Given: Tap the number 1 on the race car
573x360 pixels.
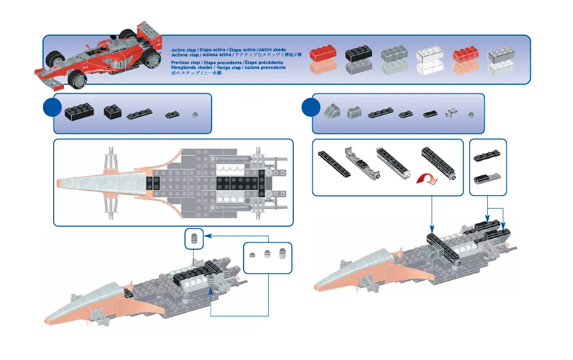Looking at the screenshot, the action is coord(121,65).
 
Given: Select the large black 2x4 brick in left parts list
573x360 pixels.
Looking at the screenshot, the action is coord(79,111).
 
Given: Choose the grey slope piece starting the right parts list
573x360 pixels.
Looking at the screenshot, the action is coord(331,112).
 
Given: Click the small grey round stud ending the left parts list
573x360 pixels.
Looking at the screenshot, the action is coord(195,114).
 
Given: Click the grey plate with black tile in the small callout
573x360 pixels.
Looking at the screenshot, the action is coord(487,177).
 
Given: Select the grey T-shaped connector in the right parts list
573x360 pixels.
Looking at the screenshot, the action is coord(451,114).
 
